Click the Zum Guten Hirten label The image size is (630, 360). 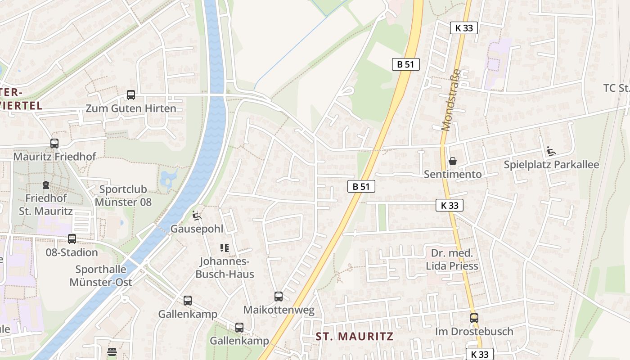tap(131, 108)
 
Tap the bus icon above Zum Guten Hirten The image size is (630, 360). tap(131, 95)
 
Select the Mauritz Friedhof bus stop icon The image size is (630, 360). tap(54, 144)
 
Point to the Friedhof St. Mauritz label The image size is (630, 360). tap(46, 204)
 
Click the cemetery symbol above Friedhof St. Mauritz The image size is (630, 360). tap(46, 185)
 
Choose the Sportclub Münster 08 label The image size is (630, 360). tap(123, 196)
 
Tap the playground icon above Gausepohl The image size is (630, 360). tap(197, 216)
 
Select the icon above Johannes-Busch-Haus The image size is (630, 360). tap(225, 248)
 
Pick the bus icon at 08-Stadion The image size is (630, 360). tap(72, 239)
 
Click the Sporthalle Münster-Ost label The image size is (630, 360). tap(101, 276)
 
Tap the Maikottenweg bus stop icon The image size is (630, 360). tap(279, 297)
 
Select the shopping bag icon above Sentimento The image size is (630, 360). tap(453, 161)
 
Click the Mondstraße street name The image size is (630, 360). tap(451, 100)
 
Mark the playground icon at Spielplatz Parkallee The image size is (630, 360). tap(551, 151)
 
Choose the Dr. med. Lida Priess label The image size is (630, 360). tap(452, 260)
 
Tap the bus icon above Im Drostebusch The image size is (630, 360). tap(474, 318)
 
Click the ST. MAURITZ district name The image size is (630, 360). tap(354, 336)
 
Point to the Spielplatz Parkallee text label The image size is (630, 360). tap(551, 165)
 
